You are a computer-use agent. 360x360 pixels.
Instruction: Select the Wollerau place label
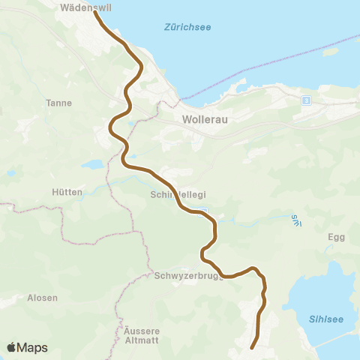tap(204, 118)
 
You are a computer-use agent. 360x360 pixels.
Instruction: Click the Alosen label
tap(42, 298)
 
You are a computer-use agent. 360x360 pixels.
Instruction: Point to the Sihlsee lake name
tap(326, 319)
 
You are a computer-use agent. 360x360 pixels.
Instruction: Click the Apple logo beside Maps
tap(12, 347)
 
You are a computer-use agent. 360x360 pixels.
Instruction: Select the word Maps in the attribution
tap(33, 347)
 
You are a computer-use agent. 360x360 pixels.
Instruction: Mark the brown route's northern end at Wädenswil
tap(95, 12)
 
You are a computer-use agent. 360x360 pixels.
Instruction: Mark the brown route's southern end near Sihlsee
tap(252, 347)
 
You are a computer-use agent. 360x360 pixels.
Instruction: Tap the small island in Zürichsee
tap(327, 52)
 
